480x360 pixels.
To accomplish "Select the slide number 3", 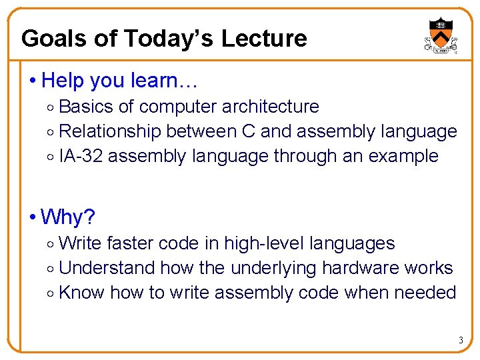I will pyautogui.click(x=460, y=341).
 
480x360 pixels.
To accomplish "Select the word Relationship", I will pyautogui.click(x=110, y=131).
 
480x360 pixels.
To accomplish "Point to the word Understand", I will pyautogui.click(x=107, y=268).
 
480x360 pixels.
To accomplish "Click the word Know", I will pyautogui.click(x=81, y=293).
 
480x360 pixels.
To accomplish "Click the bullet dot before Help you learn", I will pyautogui.click(x=33, y=81).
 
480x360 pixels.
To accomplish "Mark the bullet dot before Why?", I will pyautogui.click(x=33, y=217).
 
